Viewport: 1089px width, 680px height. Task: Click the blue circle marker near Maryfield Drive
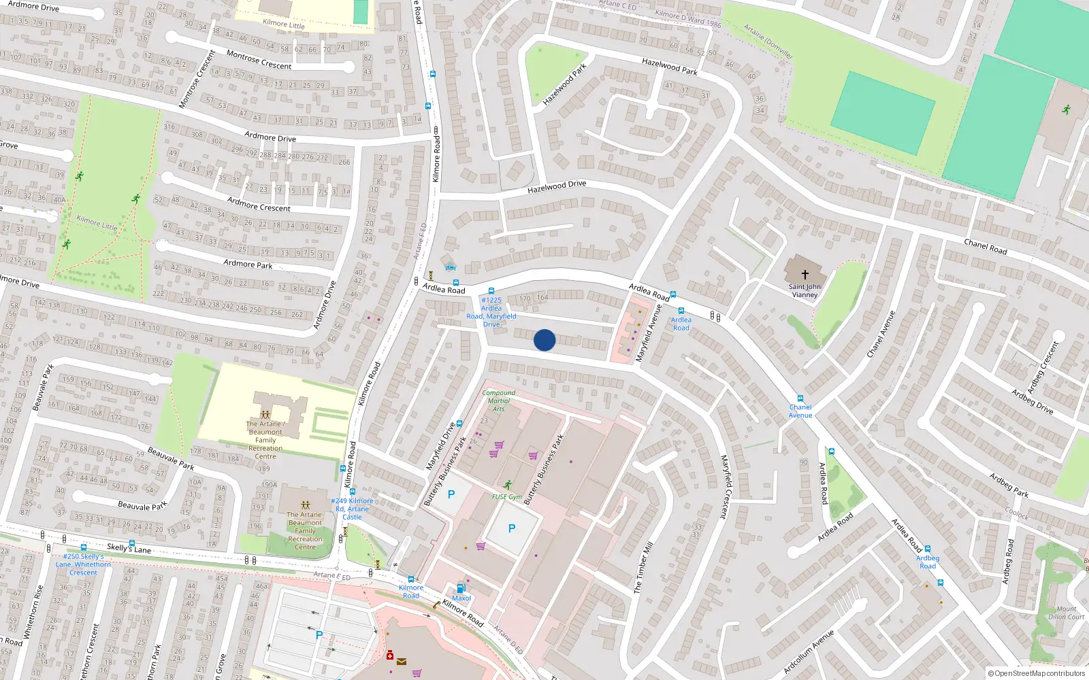pos(544,340)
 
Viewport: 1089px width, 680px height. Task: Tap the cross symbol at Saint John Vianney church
pos(804,275)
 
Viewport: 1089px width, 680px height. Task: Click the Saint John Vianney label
pos(804,291)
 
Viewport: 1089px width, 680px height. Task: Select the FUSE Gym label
pos(507,497)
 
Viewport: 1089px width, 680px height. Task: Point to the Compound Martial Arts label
pos(498,401)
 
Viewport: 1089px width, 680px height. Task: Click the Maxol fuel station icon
pos(461,588)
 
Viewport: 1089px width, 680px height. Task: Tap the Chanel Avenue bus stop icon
pos(800,399)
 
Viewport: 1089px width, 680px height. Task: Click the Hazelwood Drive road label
pos(556,186)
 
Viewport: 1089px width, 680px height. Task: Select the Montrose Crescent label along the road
pos(259,61)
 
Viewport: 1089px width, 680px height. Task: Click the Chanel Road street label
pos(985,247)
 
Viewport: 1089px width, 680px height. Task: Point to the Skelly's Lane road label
pos(129,547)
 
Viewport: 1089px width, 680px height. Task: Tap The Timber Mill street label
pos(643,567)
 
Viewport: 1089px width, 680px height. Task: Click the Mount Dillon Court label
pos(1066,613)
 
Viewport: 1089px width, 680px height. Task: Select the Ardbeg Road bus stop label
pos(927,562)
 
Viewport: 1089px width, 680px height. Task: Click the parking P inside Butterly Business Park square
pos(512,528)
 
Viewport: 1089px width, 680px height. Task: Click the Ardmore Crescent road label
pos(259,204)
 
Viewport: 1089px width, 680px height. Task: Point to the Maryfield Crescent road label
pos(727,487)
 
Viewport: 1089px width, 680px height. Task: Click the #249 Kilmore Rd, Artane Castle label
pos(352,509)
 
